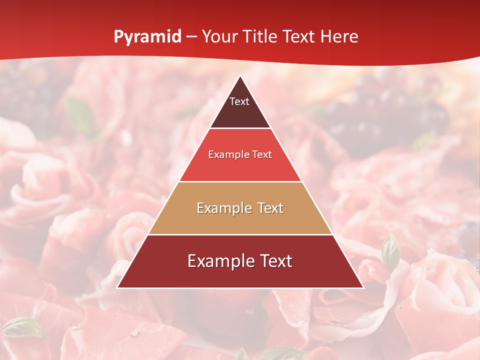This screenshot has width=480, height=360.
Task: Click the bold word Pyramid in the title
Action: [x=147, y=37]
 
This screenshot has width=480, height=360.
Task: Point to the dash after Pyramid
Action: [x=191, y=37]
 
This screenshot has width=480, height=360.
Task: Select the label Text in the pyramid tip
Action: [x=239, y=101]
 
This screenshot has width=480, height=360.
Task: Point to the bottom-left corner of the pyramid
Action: [x=117, y=287]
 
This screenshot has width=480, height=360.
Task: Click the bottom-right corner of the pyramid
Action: [x=363, y=287]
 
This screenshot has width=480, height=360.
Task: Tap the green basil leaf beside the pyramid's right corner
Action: [x=390, y=250]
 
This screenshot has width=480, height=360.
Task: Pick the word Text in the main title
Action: [x=298, y=37]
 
